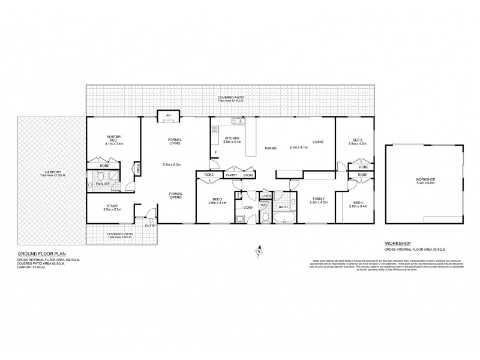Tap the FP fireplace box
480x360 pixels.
[x=169, y=115]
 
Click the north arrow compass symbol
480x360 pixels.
[x=259, y=247]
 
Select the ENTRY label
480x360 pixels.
[x=149, y=226]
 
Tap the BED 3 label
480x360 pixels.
[x=356, y=140]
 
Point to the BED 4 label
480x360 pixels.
[x=356, y=202]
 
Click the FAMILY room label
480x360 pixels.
[x=316, y=199]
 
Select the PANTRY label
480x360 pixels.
[x=232, y=175]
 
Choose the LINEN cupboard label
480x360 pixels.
[x=266, y=196]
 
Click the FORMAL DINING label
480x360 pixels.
[x=176, y=196]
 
